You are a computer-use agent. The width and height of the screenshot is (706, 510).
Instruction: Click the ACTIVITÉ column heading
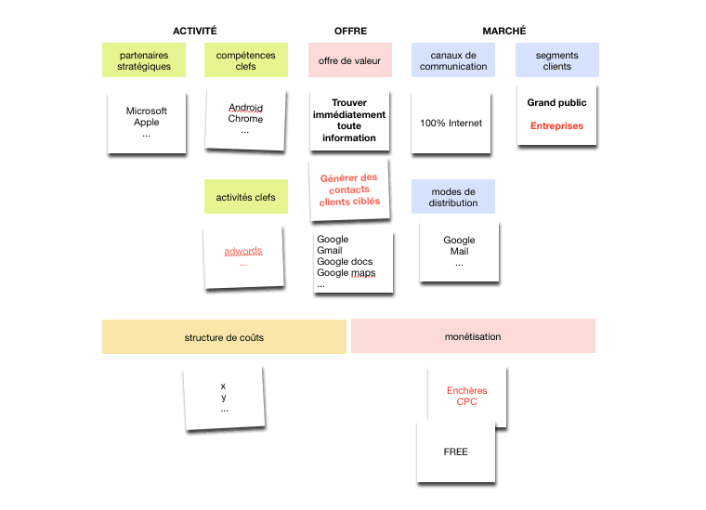[195, 31]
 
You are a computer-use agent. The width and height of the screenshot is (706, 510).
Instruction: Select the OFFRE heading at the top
[350, 31]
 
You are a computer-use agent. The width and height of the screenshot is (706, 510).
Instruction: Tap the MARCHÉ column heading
[504, 31]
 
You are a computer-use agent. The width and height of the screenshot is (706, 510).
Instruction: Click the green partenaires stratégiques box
[144, 61]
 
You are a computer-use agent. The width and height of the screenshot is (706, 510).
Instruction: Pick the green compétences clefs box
[245, 61]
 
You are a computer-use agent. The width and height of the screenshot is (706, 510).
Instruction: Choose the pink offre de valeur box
[349, 61]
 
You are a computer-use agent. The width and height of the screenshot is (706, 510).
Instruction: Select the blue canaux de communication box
[452, 61]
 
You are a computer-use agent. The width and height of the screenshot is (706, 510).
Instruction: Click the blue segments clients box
[556, 61]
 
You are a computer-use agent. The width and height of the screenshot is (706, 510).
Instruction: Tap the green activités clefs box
[245, 197]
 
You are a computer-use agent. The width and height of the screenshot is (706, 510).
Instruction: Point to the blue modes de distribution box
[452, 197]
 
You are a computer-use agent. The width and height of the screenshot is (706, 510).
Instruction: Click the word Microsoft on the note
[147, 111]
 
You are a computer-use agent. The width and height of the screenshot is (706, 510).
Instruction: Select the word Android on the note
[245, 108]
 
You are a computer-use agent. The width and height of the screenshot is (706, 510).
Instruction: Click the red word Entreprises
[556, 125]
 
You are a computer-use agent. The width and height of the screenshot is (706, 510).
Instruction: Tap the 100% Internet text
[451, 124]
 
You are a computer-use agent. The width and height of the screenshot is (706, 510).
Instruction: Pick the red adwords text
[243, 252]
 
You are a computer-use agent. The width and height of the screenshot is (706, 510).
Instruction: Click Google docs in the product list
[345, 262]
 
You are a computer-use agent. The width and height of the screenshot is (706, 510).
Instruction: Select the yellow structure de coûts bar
[224, 337]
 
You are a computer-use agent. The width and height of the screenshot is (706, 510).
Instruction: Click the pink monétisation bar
[473, 336]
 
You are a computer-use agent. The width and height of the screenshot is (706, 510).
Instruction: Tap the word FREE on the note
[455, 452]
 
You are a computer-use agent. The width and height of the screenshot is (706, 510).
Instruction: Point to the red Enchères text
[466, 391]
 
